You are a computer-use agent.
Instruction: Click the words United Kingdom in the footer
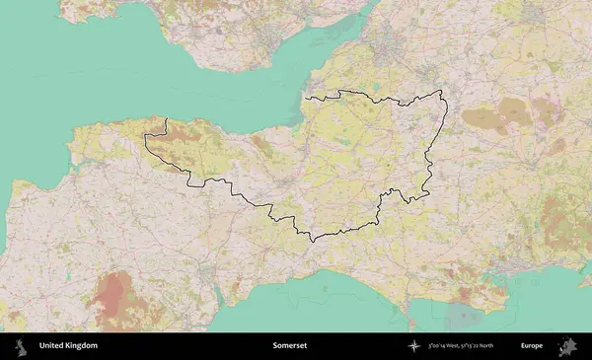(68, 346)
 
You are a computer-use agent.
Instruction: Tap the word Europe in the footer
(532, 346)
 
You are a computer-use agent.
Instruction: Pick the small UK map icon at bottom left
(20, 346)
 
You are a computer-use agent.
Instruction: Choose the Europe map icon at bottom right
(569, 346)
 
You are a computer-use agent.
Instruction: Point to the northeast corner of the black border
(441, 92)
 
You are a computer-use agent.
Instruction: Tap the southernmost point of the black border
(312, 241)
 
